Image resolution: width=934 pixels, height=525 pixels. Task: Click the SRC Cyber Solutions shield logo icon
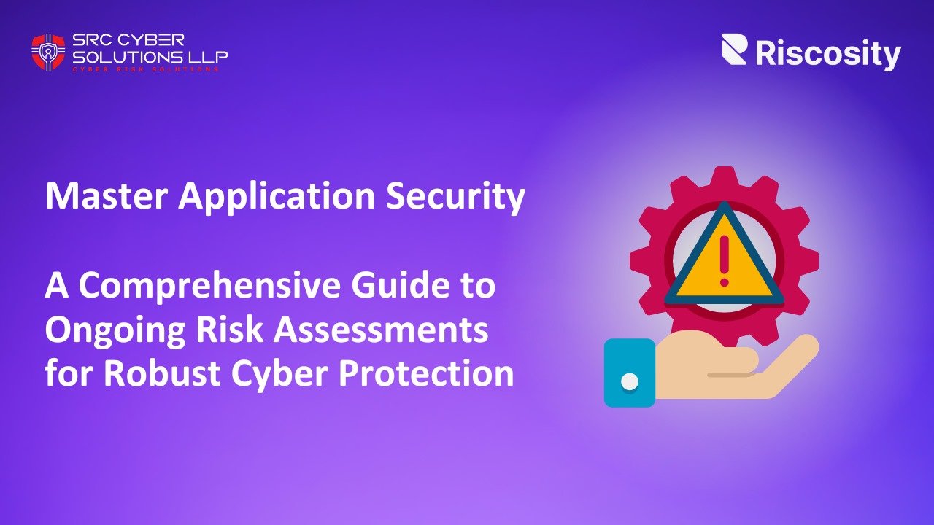click(48, 51)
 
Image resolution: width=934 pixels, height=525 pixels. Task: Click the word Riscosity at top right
click(828, 54)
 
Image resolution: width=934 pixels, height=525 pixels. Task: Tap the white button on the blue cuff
click(629, 381)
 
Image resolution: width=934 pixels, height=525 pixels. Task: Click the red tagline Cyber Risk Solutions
click(145, 69)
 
